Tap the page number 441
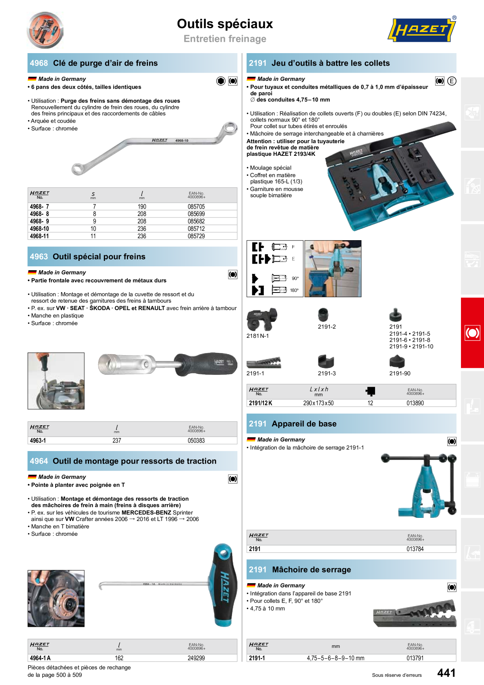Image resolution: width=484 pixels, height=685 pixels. [x=447, y=673]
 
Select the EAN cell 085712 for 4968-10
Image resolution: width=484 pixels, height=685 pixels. [x=196, y=229]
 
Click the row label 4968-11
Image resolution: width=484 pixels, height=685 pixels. [x=39, y=236]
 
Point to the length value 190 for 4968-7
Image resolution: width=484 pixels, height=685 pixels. [x=142, y=207]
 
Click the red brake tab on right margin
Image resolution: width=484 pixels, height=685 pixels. [x=472, y=333]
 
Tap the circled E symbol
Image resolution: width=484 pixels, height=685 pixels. [x=452, y=81]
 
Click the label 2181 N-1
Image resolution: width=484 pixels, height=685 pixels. [x=258, y=336]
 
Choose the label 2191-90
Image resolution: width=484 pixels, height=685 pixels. [x=400, y=373]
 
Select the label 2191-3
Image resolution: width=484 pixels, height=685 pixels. [x=327, y=373]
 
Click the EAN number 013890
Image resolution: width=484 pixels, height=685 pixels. [x=415, y=403]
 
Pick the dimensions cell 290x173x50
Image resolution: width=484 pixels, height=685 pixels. [x=319, y=403]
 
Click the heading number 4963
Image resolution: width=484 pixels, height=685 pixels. [x=39, y=257]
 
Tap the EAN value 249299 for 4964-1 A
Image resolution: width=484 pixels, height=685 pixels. [x=196, y=658]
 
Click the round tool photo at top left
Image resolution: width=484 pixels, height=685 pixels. [x=45, y=30]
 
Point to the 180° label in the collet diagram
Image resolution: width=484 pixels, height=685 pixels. [x=294, y=290]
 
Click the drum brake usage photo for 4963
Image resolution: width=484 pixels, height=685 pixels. [x=56, y=381]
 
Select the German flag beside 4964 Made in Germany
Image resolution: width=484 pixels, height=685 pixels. [x=32, y=477]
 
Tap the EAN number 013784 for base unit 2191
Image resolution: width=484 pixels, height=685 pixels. [x=415, y=549]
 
